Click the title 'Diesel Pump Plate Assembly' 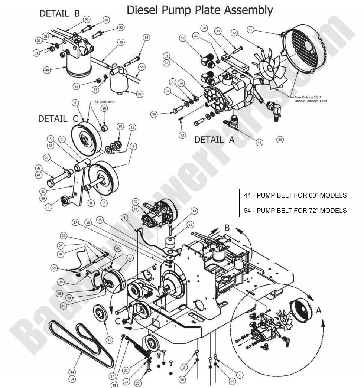click(199, 10)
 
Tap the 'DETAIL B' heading click(60, 14)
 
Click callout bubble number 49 click(47, 70)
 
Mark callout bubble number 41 click(250, 29)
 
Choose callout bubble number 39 click(280, 139)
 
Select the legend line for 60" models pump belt click(295, 195)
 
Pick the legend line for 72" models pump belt click(295, 211)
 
